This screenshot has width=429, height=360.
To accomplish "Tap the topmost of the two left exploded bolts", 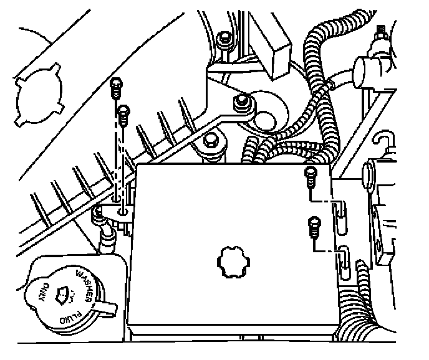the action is click(x=115, y=87).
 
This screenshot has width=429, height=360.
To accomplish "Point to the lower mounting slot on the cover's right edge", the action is click(x=343, y=262).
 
